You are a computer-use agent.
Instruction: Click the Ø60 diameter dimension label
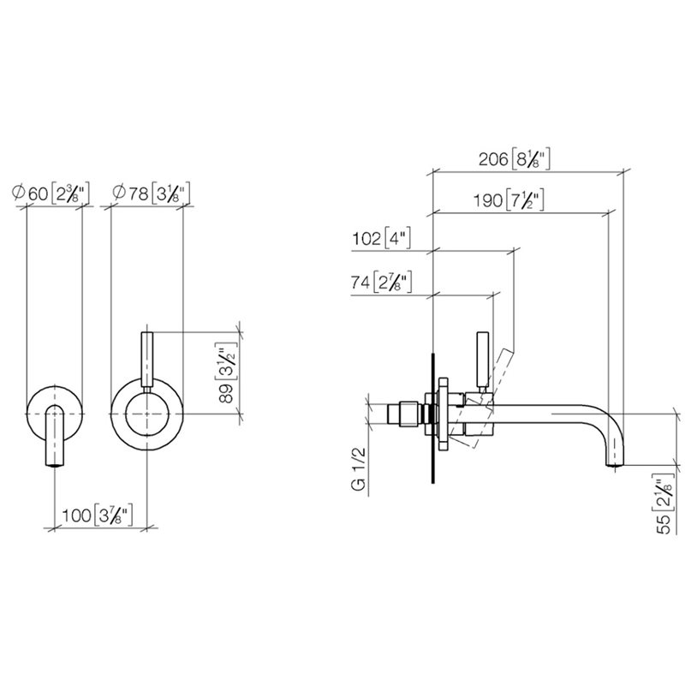(51, 193)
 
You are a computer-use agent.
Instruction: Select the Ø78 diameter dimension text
(151, 194)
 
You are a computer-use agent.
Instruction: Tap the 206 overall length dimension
(514, 159)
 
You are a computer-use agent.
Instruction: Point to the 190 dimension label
(509, 200)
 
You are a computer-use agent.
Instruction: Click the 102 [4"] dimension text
(381, 239)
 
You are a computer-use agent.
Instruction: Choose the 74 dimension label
(381, 283)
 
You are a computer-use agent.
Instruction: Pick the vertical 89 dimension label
(226, 372)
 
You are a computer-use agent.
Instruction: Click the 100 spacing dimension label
(97, 515)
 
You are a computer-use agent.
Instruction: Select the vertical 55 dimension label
(663, 504)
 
